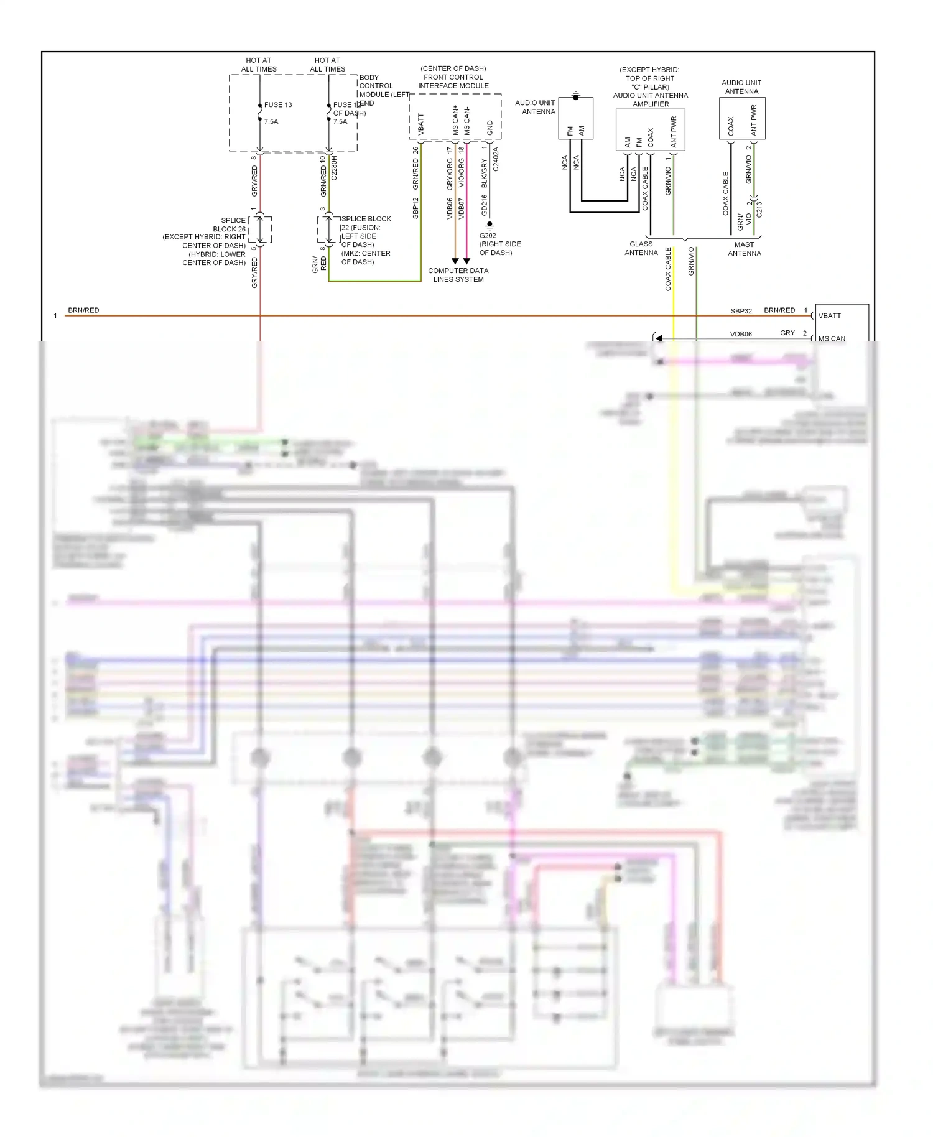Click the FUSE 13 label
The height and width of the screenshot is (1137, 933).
[x=277, y=104]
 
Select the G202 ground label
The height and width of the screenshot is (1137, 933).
[x=488, y=236]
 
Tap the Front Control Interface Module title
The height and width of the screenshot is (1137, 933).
[x=453, y=77]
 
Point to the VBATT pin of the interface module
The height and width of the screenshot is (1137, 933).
[x=421, y=125]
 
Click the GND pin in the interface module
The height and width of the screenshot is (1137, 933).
[x=490, y=128]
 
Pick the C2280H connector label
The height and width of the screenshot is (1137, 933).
[x=334, y=168]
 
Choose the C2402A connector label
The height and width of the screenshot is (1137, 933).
[x=496, y=159]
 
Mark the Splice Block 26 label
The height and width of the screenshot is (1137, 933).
[x=233, y=225]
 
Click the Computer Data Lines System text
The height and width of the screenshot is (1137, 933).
[x=458, y=275]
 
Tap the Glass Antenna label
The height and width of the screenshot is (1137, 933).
[x=641, y=248]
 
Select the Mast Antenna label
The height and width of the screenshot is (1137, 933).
[x=744, y=249]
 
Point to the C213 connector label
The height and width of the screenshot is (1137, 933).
[x=759, y=210]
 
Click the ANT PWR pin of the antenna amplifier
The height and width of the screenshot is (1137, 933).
[x=674, y=132]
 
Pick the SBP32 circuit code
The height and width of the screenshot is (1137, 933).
[x=741, y=311]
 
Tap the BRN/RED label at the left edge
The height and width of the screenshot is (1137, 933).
[x=83, y=310]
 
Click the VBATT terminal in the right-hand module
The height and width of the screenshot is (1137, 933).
[x=830, y=316]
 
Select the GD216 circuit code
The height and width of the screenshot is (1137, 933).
[x=485, y=205]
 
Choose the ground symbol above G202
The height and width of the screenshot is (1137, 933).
[x=490, y=224]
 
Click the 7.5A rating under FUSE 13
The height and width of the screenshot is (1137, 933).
[x=271, y=121]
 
